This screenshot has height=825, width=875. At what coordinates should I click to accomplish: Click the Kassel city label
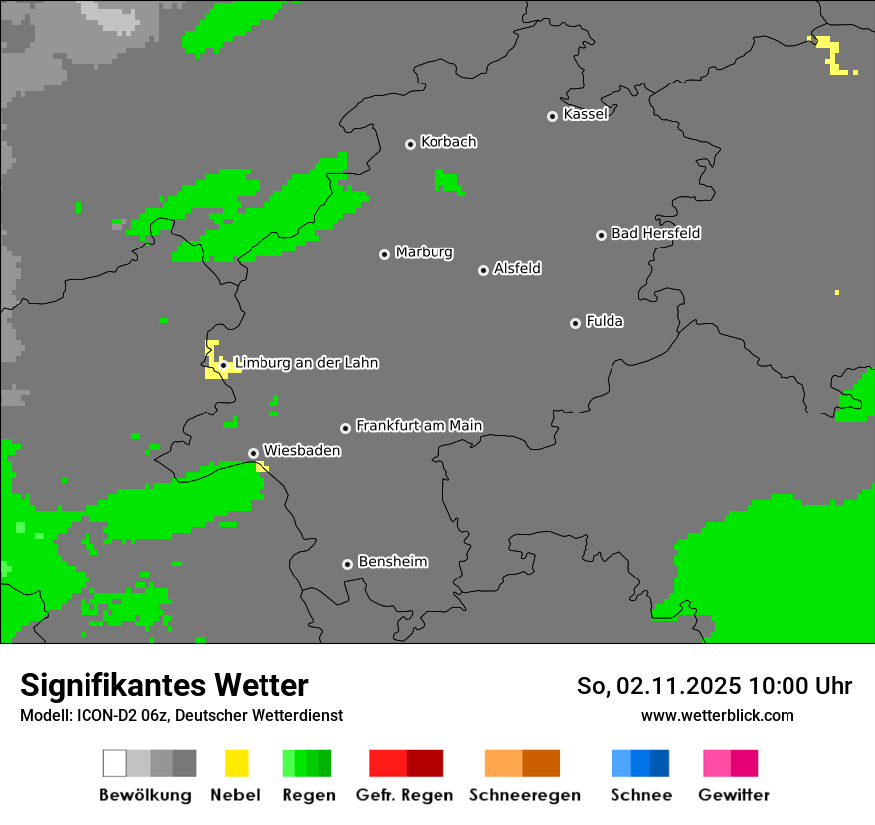pos(585,114)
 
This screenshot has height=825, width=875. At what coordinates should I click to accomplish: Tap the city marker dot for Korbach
pos(410,144)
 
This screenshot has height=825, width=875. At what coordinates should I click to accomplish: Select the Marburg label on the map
pos(424,252)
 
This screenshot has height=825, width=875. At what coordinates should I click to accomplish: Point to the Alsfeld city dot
pos(483,270)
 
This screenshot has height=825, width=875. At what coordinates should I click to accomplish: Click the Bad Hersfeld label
pos(655,233)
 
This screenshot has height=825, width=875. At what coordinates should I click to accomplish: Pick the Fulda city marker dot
pos(575,323)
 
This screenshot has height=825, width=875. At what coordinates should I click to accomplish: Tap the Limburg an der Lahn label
pos(305,363)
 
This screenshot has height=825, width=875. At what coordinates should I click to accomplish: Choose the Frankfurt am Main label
pos(419,426)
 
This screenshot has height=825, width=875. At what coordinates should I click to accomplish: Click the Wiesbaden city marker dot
pos(253,453)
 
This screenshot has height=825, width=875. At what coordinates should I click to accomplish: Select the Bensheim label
pos(392,562)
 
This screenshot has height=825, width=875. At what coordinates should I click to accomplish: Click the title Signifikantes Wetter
pos(164,686)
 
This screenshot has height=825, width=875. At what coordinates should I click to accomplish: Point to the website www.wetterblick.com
pos(717,715)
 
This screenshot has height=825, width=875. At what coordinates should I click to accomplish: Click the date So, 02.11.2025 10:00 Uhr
pos(714,686)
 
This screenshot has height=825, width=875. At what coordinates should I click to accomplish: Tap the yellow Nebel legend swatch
pos(236,763)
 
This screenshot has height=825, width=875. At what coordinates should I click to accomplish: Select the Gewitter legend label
pos(733,795)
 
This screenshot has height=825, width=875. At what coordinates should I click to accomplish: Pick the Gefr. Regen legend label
pos(405,795)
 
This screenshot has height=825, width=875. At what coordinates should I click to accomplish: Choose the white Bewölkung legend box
pos(115,763)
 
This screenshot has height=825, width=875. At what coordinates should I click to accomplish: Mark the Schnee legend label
pos(640,795)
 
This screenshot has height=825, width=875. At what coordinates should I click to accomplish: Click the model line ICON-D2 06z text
pos(181,715)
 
